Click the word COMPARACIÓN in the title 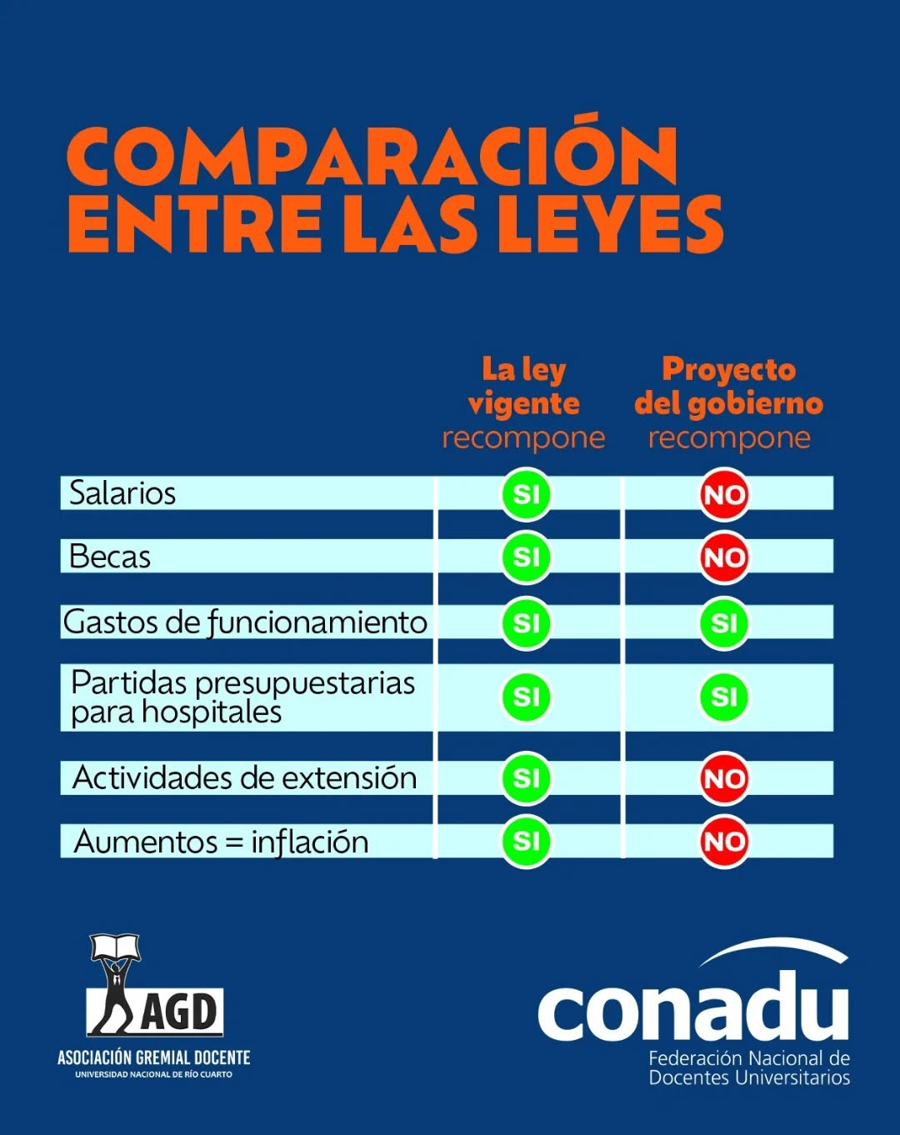coord(372,156)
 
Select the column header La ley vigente coord(523,386)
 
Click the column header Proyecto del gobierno coord(728,386)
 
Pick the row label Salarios coord(122,493)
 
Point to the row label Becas coord(110,557)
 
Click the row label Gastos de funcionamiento coord(245,622)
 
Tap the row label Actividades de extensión coord(244,777)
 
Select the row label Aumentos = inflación coord(221,842)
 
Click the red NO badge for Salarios coord(723,495)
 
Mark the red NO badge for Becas coord(723,557)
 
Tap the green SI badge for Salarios coord(526,495)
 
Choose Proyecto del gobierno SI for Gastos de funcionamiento coord(723,622)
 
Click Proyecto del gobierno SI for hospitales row coord(723,697)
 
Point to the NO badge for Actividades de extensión coord(723,778)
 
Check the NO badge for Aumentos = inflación coord(723,842)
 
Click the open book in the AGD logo coord(115,947)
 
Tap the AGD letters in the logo coord(180,1012)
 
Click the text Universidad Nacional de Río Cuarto coord(154,1075)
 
